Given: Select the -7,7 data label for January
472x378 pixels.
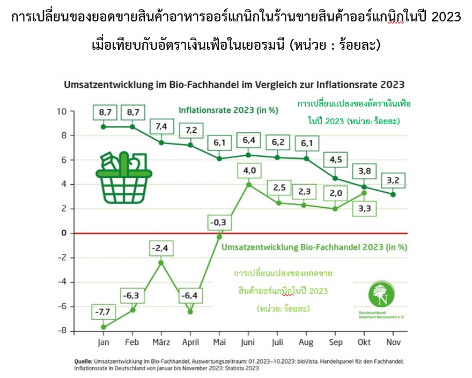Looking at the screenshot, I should pyautogui.click(x=102, y=311).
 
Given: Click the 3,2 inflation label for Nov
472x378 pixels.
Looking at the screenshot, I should pyautogui.click(x=393, y=179).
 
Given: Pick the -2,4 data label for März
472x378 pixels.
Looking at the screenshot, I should pyautogui.click(x=161, y=247).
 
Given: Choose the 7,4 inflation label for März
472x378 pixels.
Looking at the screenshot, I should pyautogui.click(x=161, y=126).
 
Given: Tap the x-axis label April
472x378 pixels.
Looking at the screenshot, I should pyautogui.click(x=190, y=342).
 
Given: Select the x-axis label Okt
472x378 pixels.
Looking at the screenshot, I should pyautogui.click(x=364, y=342).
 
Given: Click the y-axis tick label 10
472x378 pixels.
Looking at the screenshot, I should pyautogui.click(x=63, y=111).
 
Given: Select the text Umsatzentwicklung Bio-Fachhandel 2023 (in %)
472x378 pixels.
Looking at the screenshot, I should pyautogui.click(x=314, y=247).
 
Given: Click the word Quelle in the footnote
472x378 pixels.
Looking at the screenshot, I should pyautogui.click(x=84, y=361).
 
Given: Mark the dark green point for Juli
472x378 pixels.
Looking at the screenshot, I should pyautogui.click(x=277, y=157).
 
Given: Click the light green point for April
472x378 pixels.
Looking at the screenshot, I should pyautogui.click(x=190, y=312).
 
